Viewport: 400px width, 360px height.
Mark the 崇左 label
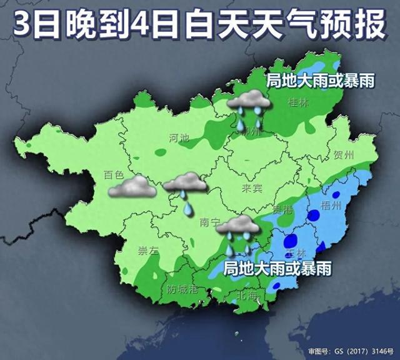(x=148, y=252)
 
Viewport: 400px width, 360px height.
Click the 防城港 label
(x=182, y=289)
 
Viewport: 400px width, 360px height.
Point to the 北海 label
(x=248, y=294)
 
